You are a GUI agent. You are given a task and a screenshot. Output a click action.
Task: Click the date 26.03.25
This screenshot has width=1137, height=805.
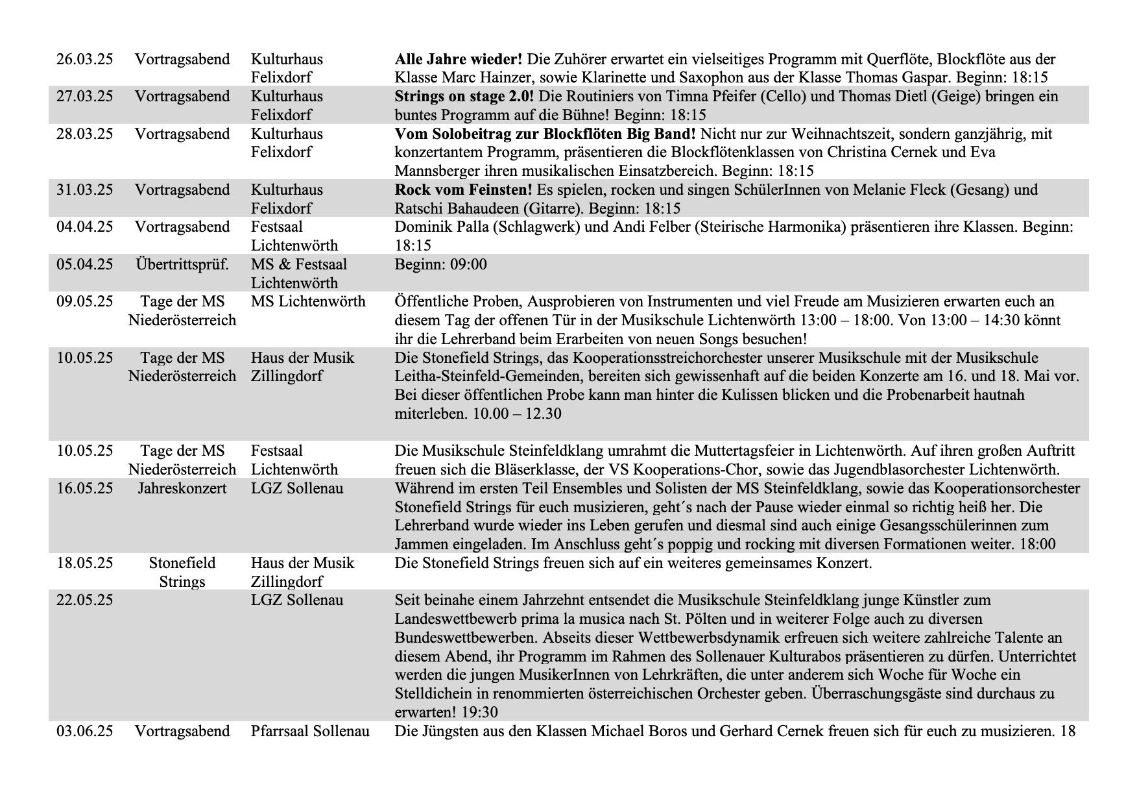[84, 60]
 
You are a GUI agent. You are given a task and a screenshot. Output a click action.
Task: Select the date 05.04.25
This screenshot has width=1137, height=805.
[84, 265]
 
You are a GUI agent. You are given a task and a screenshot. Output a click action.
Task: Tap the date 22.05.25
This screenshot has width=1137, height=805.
[84, 601]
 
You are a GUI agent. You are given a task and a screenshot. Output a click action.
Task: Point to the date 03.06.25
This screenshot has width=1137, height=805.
[84, 732]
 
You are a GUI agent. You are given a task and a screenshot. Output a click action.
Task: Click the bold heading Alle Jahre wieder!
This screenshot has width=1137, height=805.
[458, 60]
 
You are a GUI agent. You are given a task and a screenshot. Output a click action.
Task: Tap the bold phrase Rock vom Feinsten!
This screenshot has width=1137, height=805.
[463, 190]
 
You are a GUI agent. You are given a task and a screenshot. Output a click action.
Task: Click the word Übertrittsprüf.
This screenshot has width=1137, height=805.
[182, 265]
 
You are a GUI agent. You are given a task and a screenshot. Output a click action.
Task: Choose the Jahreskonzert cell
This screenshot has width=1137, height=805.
[182, 489]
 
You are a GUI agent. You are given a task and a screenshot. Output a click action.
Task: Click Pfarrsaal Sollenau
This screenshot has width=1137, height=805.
[310, 732]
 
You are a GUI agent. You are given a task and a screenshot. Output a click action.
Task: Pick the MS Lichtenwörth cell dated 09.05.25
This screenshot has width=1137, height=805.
[308, 302]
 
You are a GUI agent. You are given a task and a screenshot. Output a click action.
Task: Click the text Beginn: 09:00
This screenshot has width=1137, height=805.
[440, 265]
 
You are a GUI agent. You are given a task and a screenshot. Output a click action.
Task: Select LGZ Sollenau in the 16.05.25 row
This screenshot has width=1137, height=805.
[297, 489]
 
